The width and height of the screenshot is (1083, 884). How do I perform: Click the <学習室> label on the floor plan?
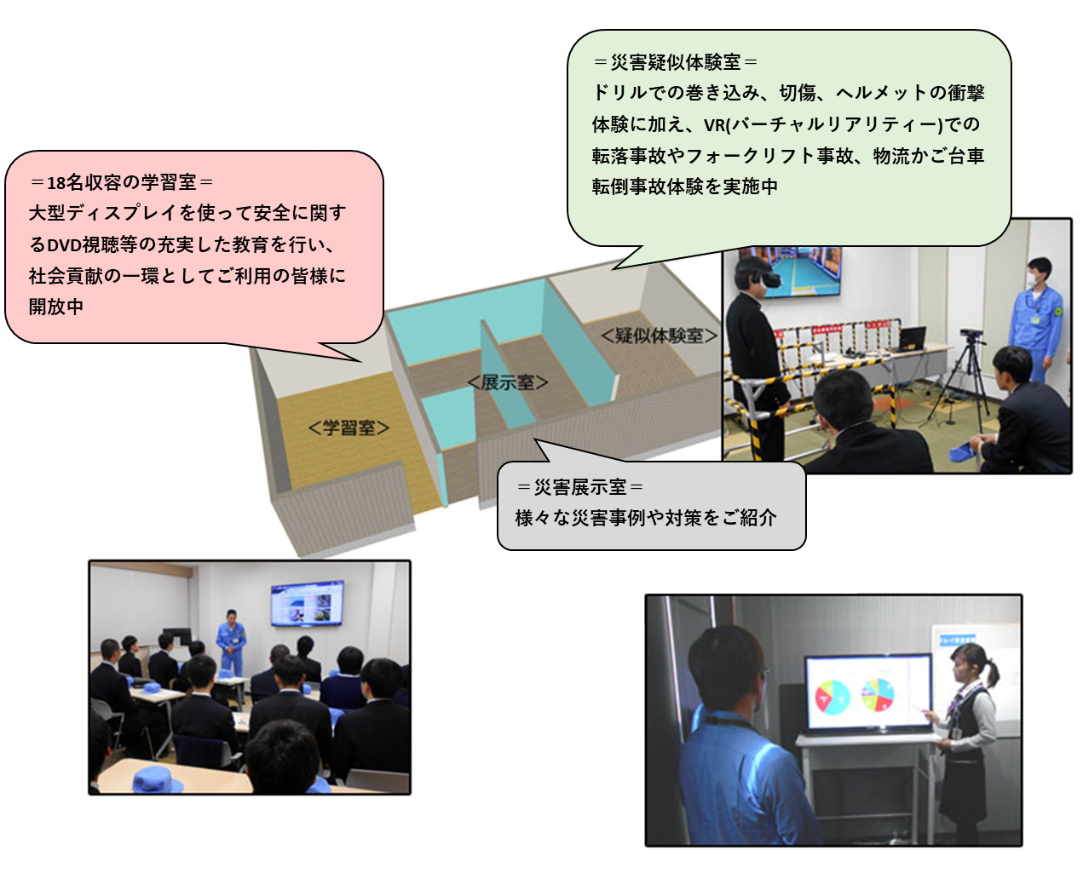coord(349,428)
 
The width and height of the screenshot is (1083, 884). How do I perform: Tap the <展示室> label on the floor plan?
coord(508,382)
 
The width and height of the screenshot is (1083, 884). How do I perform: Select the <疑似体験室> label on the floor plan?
coord(659,336)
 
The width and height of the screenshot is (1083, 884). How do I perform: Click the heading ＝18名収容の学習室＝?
coord(121,183)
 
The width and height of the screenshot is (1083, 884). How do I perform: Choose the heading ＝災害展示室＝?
coord(579,487)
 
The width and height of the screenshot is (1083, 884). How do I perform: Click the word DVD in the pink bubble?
coord(64,245)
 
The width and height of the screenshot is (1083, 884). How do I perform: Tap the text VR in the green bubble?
coord(715,124)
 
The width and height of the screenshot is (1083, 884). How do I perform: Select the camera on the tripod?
coord(971,335)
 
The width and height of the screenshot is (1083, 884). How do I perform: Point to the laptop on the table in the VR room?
coord(913,338)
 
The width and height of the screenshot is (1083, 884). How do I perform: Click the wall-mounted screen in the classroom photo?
coord(307,603)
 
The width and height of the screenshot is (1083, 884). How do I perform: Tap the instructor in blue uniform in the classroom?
coord(231,641)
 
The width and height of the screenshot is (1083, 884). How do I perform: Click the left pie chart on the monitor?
coord(832,697)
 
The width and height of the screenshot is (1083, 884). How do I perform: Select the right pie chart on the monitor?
coord(878,694)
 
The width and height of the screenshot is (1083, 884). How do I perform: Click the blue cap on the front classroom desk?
coord(158,780)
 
